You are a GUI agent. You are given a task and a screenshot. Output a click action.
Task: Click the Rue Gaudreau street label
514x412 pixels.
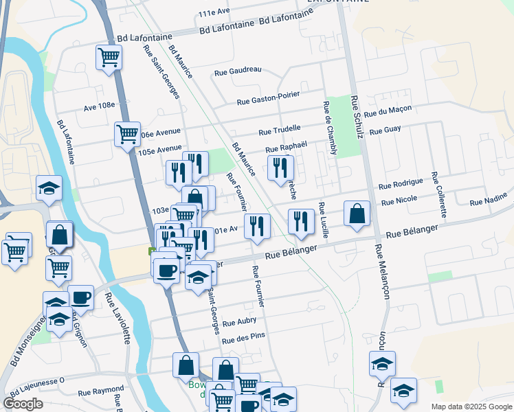238,70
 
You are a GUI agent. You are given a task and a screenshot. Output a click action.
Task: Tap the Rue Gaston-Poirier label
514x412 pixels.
269,100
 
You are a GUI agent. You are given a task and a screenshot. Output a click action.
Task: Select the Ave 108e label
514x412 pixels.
98,106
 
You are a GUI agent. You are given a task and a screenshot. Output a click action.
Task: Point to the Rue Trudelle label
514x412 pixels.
280,129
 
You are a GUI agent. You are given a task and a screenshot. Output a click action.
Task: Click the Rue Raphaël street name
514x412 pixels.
285,148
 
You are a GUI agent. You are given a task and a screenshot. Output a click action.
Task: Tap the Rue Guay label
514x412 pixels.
385,130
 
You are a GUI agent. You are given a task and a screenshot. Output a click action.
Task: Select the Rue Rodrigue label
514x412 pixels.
401,183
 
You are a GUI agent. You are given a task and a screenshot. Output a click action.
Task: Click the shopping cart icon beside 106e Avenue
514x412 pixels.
128,135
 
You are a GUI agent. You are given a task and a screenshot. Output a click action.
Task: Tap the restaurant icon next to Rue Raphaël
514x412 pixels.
280,168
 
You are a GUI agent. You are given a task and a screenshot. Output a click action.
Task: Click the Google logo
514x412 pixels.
23,404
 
